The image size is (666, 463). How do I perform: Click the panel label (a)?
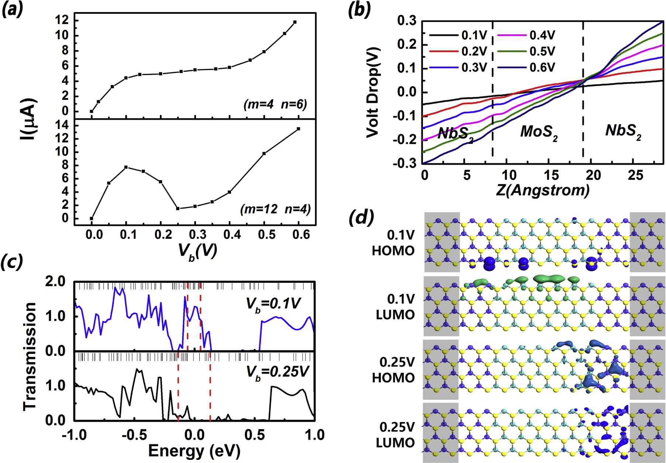click(13, 9)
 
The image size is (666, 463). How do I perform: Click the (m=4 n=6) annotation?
click(275, 104)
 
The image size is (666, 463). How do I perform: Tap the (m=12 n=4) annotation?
click(275, 209)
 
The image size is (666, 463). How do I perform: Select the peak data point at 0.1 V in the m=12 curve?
click(126, 167)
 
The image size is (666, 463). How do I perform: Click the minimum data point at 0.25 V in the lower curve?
click(178, 209)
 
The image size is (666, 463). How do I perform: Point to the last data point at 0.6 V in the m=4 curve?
click(295, 22)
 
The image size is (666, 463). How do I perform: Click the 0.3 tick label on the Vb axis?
click(197, 234)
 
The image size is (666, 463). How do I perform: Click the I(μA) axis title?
click(29, 119)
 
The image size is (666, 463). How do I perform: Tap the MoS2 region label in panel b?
click(538, 132)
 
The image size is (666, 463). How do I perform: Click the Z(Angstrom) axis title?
click(542, 190)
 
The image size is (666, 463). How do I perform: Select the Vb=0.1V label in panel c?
click(273, 304)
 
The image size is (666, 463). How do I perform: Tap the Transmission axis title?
click(30, 356)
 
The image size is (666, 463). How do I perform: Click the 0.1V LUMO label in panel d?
click(395, 307)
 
